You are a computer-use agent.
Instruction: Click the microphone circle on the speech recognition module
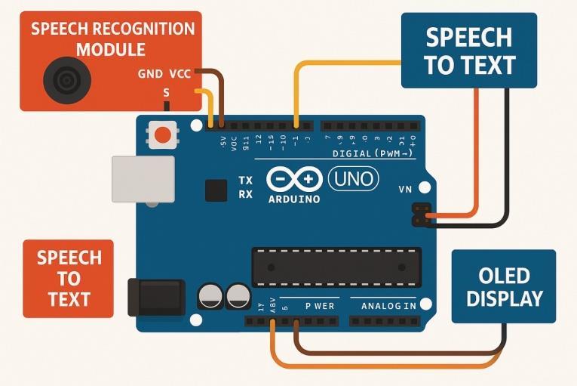click(x=66, y=78)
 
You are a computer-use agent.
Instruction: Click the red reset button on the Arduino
click(x=162, y=136)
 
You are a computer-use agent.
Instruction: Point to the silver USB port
click(x=143, y=179)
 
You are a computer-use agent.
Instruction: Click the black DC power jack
click(x=156, y=297)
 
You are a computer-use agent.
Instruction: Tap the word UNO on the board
click(x=353, y=180)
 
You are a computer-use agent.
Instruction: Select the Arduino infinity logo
click(x=294, y=180)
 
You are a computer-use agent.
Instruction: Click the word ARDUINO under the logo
click(x=294, y=199)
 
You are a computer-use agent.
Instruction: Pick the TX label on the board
click(x=246, y=181)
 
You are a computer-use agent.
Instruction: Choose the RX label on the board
click(x=246, y=194)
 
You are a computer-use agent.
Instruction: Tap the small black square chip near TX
click(x=216, y=190)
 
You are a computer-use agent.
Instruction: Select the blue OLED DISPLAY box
click(x=504, y=286)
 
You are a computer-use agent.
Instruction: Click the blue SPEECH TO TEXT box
click(x=469, y=51)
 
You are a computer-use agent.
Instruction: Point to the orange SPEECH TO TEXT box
click(x=69, y=278)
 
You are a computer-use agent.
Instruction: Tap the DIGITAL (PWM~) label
click(x=373, y=153)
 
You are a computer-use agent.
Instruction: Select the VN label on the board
click(x=405, y=190)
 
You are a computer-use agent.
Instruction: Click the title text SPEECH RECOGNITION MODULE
click(x=112, y=40)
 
